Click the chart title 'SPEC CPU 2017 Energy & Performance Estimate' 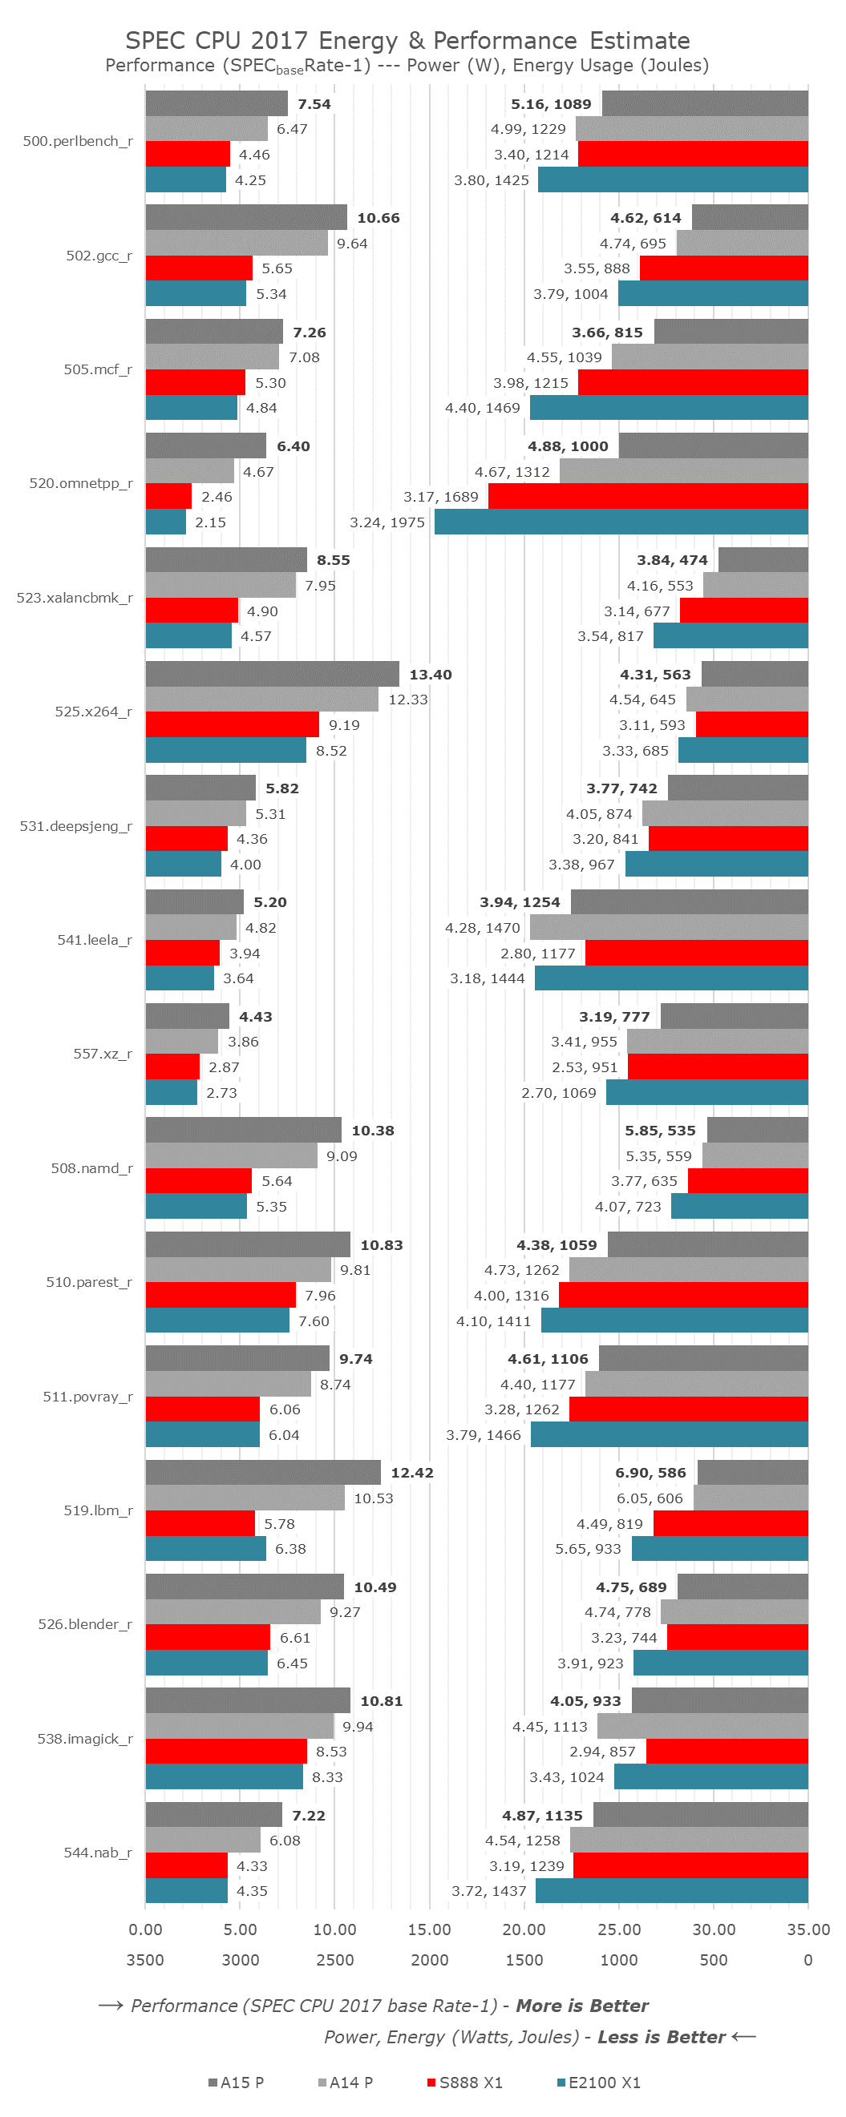coord(407,40)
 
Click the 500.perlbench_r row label coord(77,141)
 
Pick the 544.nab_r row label coord(98,1852)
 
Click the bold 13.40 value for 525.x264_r coord(430,675)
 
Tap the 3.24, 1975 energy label coord(387,522)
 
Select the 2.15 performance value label coord(210,522)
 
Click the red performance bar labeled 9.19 coord(232,725)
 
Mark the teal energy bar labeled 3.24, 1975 coord(621,522)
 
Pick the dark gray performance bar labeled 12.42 coord(263,1472)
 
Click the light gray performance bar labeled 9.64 coord(237,244)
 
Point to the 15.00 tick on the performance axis coord(429,1929)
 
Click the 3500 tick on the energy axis coord(144,1960)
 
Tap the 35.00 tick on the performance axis coord(808,1929)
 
